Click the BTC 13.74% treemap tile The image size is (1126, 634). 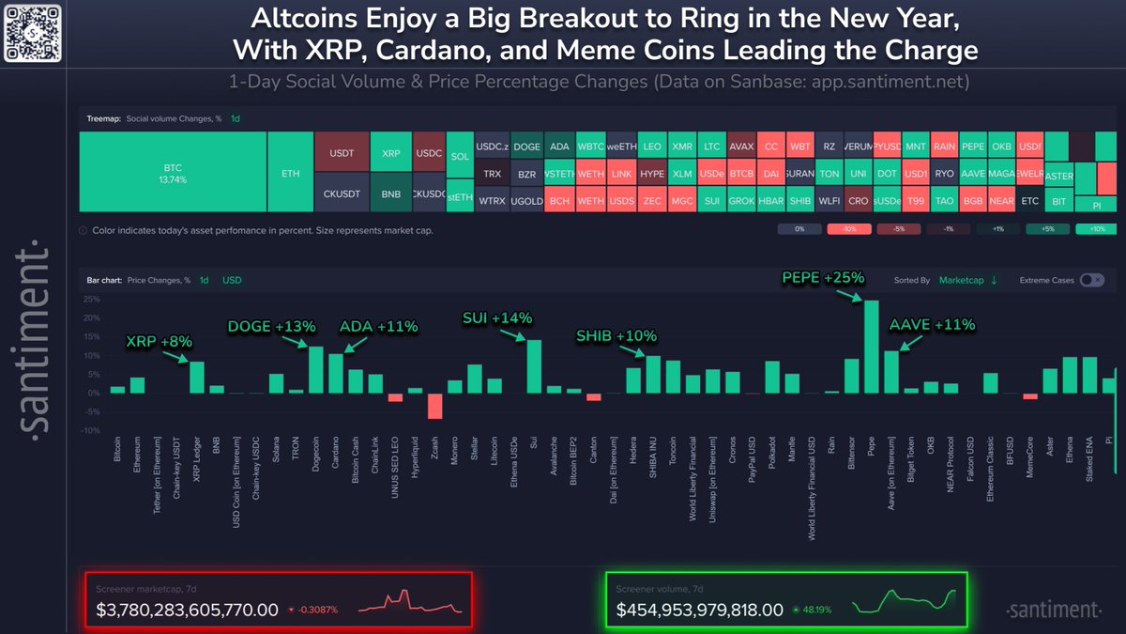pyautogui.click(x=172, y=172)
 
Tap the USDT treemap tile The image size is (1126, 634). pyautogui.click(x=341, y=151)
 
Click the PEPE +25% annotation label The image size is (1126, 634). pyautogui.click(x=823, y=278)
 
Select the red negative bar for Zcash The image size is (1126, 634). pyautogui.click(x=434, y=405)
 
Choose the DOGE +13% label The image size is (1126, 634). pyautogui.click(x=272, y=326)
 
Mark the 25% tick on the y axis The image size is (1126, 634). pyautogui.click(x=92, y=299)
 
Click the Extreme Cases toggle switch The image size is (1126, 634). pyautogui.click(x=1090, y=280)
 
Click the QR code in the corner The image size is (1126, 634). pyautogui.click(x=32, y=32)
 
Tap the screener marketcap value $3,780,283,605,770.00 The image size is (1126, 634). pyautogui.click(x=188, y=610)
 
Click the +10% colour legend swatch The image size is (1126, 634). pyautogui.click(x=1095, y=229)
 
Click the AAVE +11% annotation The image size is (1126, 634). pyautogui.click(x=932, y=326)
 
